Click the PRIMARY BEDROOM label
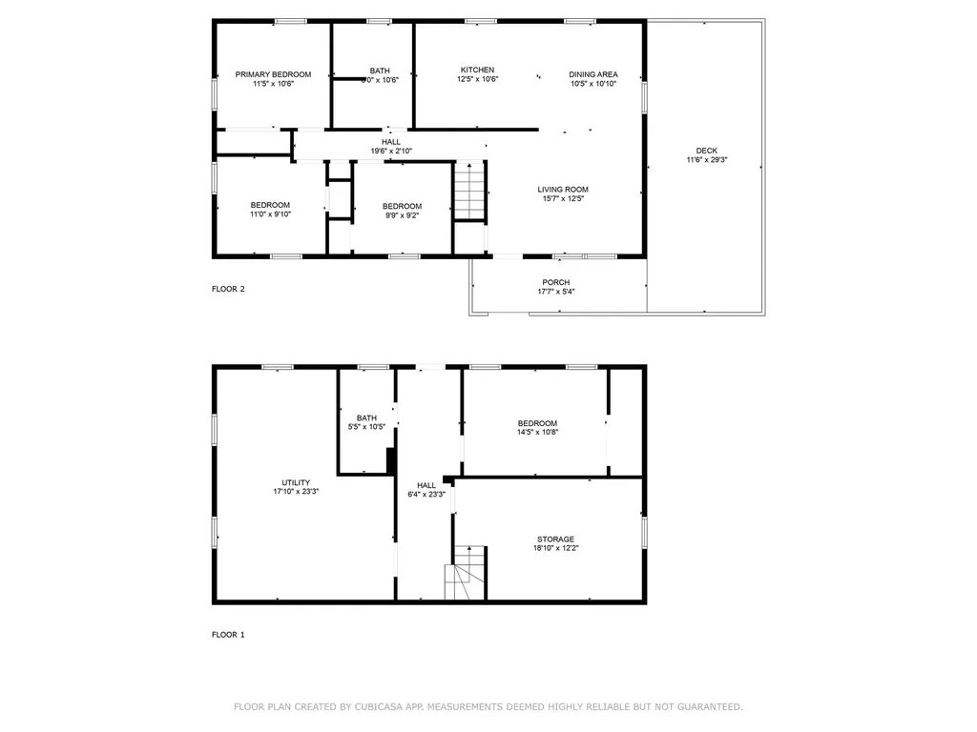pyautogui.click(x=273, y=74)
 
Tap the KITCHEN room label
pyautogui.click(x=477, y=70)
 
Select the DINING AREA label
pyautogui.click(x=593, y=74)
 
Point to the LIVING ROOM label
pyautogui.click(x=563, y=189)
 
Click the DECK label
pyautogui.click(x=706, y=151)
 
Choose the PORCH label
pyautogui.click(x=556, y=282)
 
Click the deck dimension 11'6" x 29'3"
pyautogui.click(x=706, y=160)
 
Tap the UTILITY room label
pyautogui.click(x=296, y=482)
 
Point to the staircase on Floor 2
pyautogui.click(x=468, y=191)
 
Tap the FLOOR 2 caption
pyautogui.click(x=228, y=289)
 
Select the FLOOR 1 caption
pyautogui.click(x=228, y=634)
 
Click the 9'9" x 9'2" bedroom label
pyautogui.click(x=401, y=215)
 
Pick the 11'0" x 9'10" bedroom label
pyautogui.click(x=270, y=214)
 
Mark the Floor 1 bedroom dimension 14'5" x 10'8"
pyautogui.click(x=537, y=432)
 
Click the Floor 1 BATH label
pyautogui.click(x=366, y=417)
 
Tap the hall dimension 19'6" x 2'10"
pyautogui.click(x=391, y=151)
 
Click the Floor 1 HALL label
pyautogui.click(x=426, y=485)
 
